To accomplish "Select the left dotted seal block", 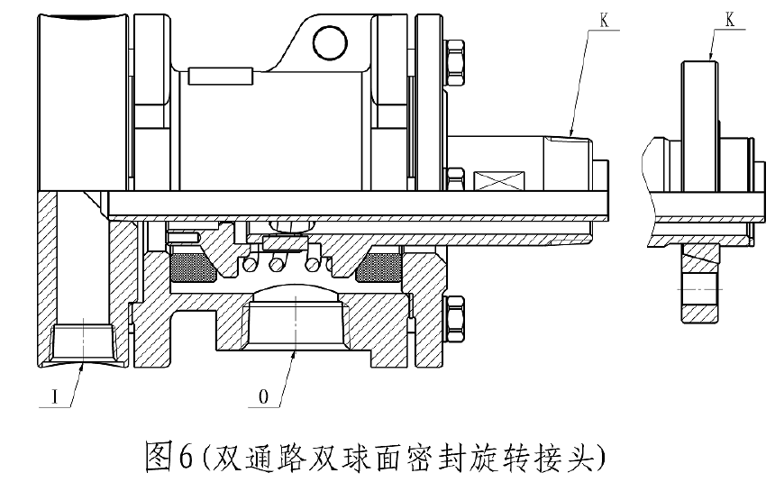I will pos(190,265).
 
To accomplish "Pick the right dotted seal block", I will pos(382,265).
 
